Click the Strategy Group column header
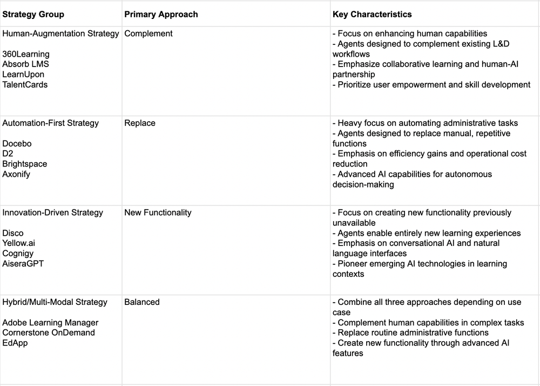click(x=33, y=15)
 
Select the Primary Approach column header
click(x=161, y=15)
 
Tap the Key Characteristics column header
click(x=372, y=15)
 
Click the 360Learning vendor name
click(x=26, y=54)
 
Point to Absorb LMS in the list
click(x=25, y=64)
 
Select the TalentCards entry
click(x=25, y=84)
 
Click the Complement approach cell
click(x=148, y=34)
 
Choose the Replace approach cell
click(x=140, y=123)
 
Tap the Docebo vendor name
click(x=17, y=144)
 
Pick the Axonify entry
click(x=16, y=174)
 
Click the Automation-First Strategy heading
click(x=51, y=123)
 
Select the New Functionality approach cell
click(x=158, y=212)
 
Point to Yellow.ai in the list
click(x=18, y=243)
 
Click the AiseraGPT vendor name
click(x=23, y=264)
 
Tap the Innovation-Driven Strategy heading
click(x=52, y=212)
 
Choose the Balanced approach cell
click(x=142, y=302)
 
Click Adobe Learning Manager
click(x=50, y=323)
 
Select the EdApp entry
click(x=15, y=343)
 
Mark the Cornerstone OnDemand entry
click(x=49, y=332)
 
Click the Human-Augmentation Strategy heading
click(x=60, y=34)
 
